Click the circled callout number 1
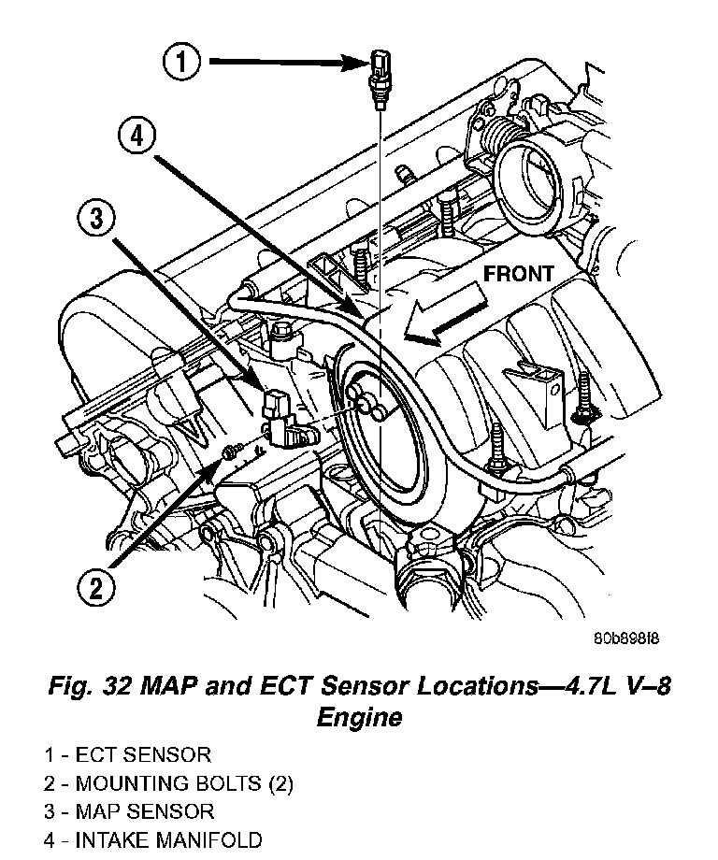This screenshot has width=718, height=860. click(x=182, y=64)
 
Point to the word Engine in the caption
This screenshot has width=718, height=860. click(x=359, y=717)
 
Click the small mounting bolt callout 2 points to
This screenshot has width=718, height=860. click(x=227, y=454)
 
